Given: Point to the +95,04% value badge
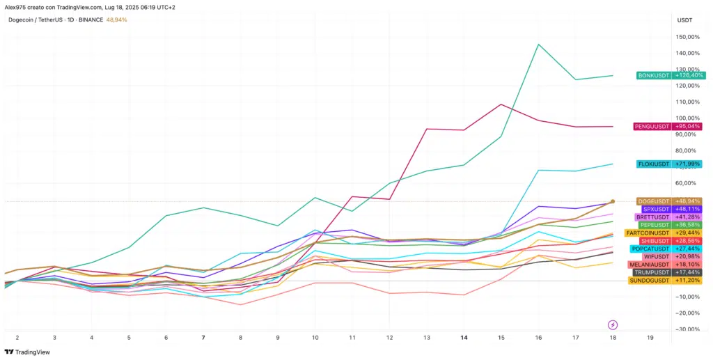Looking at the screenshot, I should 688,127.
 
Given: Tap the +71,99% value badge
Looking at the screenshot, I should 688,164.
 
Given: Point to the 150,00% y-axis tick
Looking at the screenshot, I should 688,37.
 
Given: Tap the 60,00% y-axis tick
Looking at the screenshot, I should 688,183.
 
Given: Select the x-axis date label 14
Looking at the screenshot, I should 464,337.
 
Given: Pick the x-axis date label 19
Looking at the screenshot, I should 650,337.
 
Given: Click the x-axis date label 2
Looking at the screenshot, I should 17,337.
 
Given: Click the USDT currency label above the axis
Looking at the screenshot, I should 684,19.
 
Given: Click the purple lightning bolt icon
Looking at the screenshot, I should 613,324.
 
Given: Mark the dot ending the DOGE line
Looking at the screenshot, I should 613,201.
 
